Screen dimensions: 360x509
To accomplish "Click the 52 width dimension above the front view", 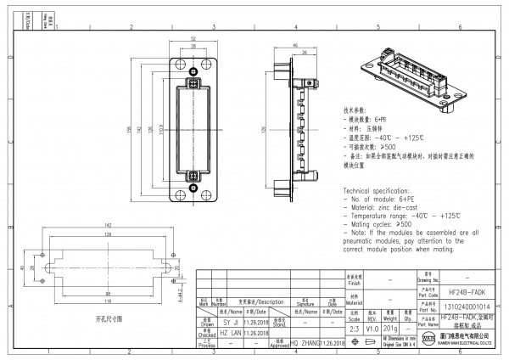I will pos(193,39).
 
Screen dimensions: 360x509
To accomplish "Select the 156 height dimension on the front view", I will pos(130,128).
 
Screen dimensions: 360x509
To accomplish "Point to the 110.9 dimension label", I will pos(163,128).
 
